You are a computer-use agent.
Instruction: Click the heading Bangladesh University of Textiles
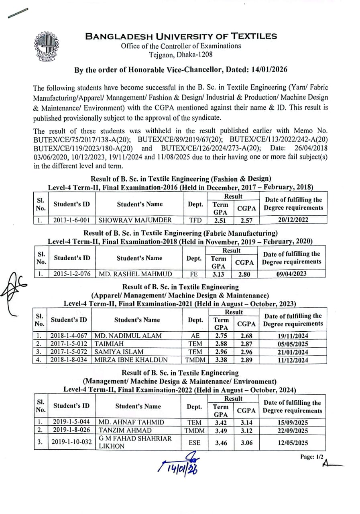pyautogui.click(x=181, y=36)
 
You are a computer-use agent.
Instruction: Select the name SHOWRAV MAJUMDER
pyautogui.click(x=135, y=220)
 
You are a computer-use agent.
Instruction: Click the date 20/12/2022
pyautogui.click(x=293, y=220)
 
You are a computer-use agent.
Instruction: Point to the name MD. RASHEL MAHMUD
pyautogui.click(x=135, y=274)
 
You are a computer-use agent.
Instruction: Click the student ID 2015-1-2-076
pyautogui.click(x=72, y=274)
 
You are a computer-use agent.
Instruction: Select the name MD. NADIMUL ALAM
pyautogui.click(x=127, y=336)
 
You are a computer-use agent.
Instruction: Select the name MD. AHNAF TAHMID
pyautogui.click(x=131, y=422)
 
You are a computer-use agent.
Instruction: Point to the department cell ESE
pyautogui.click(x=194, y=443)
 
